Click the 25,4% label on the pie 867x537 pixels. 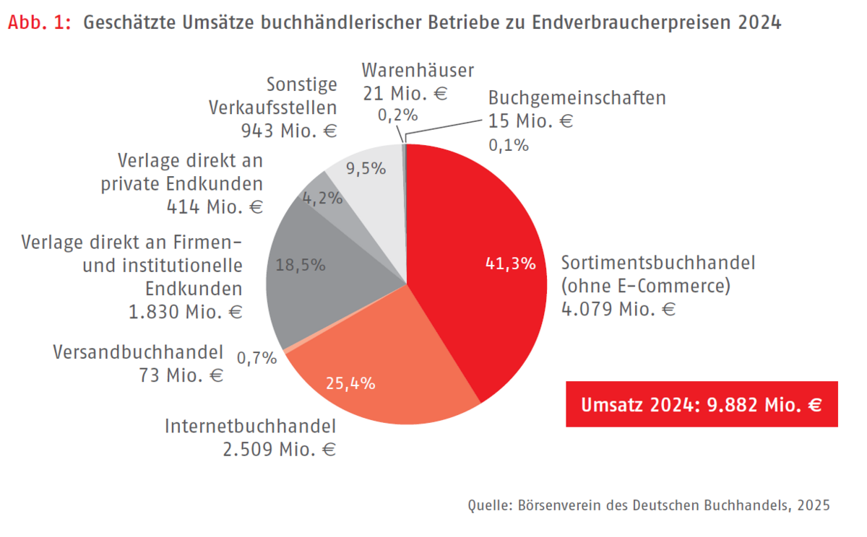coord(351,383)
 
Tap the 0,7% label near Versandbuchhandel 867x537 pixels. coord(256,358)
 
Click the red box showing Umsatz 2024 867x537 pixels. coord(702,404)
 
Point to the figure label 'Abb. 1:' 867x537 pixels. coord(40,22)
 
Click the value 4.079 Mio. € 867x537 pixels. coord(618,310)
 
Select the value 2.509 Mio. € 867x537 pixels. coord(279,449)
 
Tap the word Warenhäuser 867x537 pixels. coord(418,71)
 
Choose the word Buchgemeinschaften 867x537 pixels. coord(577,97)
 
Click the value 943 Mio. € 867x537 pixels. coord(289,131)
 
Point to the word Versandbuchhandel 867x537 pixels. coord(138,352)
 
